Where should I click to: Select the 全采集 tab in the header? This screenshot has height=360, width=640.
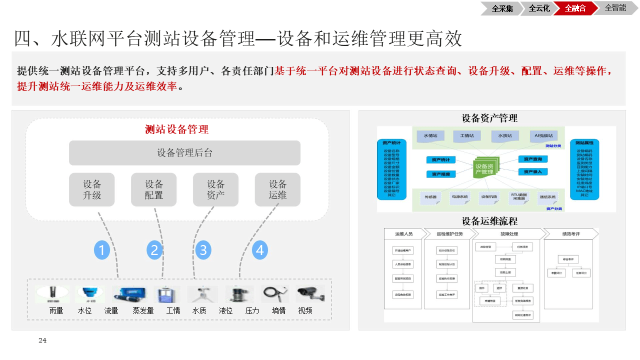[501, 8]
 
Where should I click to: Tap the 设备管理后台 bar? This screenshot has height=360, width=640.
[184, 153]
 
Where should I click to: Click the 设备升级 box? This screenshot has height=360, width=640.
[92, 189]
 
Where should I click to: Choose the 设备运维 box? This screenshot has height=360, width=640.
[277, 189]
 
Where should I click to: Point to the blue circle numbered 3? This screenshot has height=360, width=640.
[202, 249]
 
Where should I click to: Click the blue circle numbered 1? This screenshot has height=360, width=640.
[102, 249]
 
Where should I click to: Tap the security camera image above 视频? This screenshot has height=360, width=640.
[310, 294]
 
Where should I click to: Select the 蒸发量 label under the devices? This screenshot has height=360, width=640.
[143, 310]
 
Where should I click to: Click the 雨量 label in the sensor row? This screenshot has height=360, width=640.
[56, 310]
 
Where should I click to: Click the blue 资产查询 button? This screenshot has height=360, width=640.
[532, 159]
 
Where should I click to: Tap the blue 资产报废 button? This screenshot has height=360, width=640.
[440, 174]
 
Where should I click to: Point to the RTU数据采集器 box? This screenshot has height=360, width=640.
[518, 196]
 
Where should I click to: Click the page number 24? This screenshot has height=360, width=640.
[42, 340]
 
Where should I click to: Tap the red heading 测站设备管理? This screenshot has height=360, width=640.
[176, 129]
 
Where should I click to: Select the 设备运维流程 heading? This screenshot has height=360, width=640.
[489, 220]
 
